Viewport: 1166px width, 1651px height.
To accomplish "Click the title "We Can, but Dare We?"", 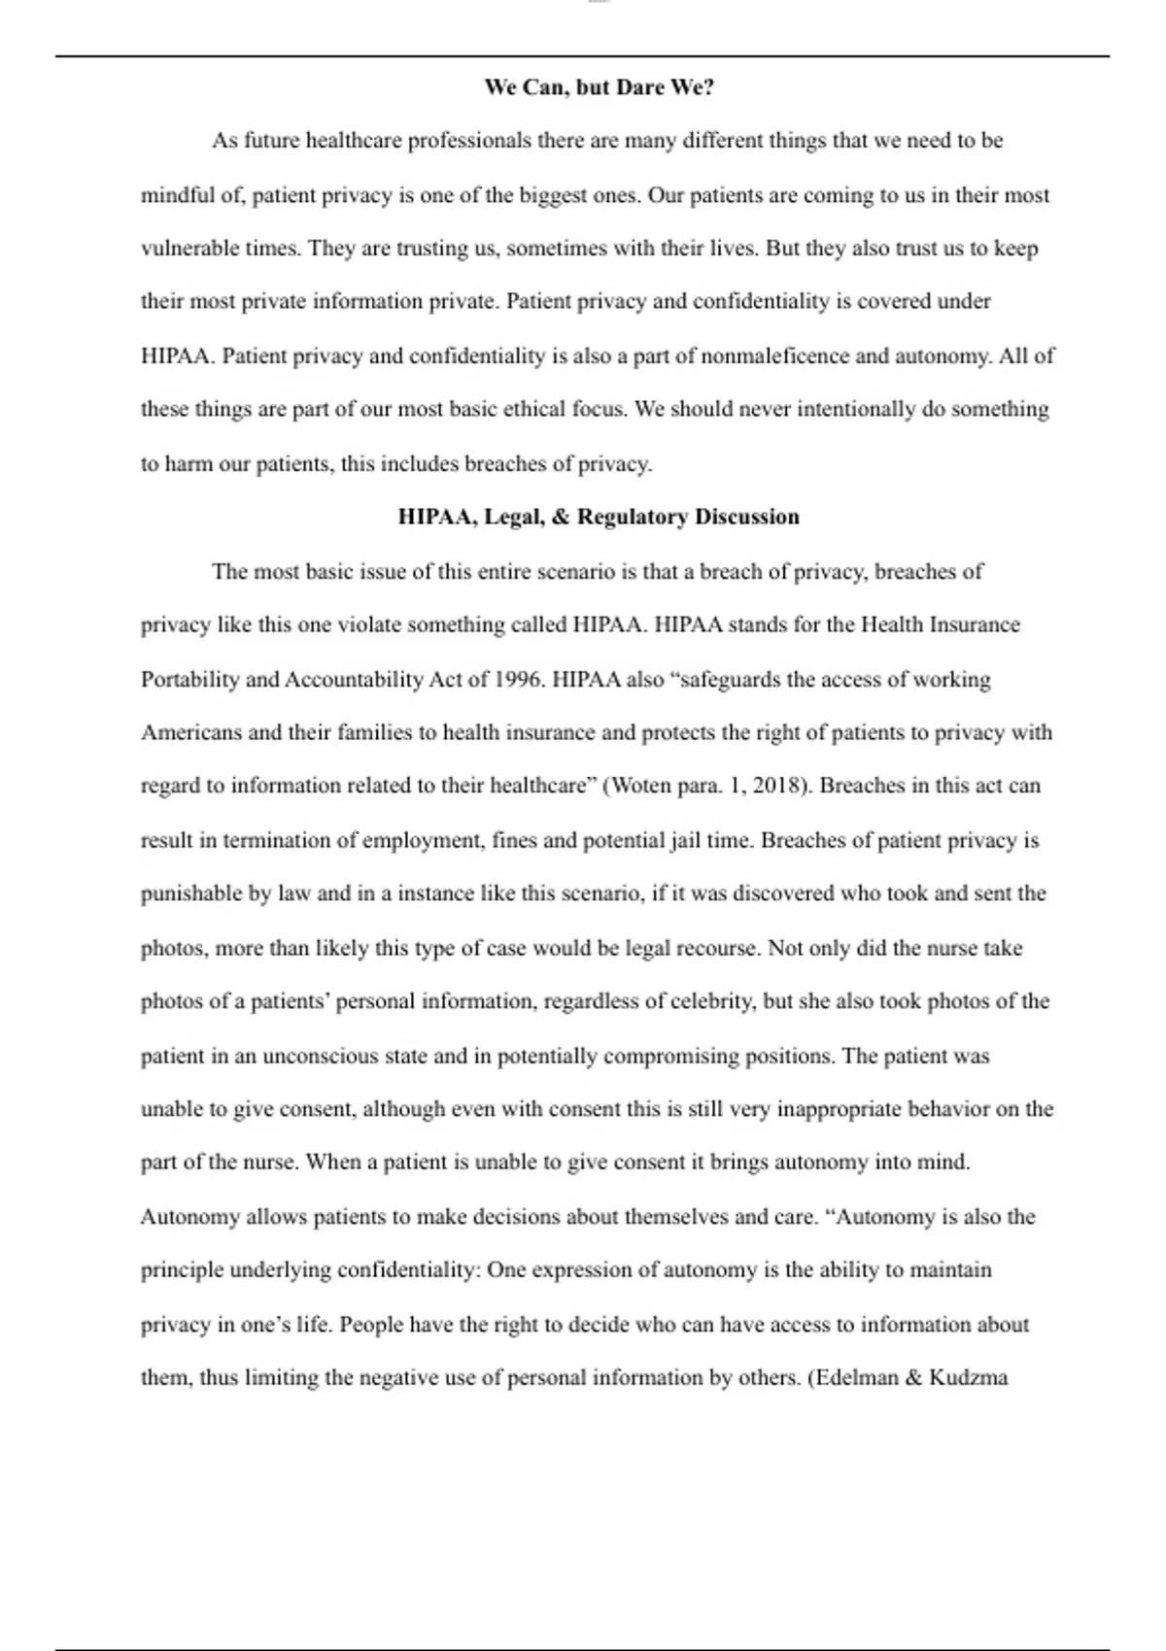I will (600, 87).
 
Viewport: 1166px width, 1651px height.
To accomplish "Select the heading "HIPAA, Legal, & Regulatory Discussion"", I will (599, 517).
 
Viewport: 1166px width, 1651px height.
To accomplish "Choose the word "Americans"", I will (191, 732).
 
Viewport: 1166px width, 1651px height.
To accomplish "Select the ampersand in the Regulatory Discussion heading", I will (560, 517).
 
